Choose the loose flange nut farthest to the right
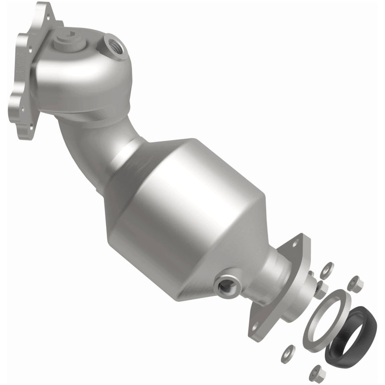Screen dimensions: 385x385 pyautogui.click(x=356, y=284)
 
